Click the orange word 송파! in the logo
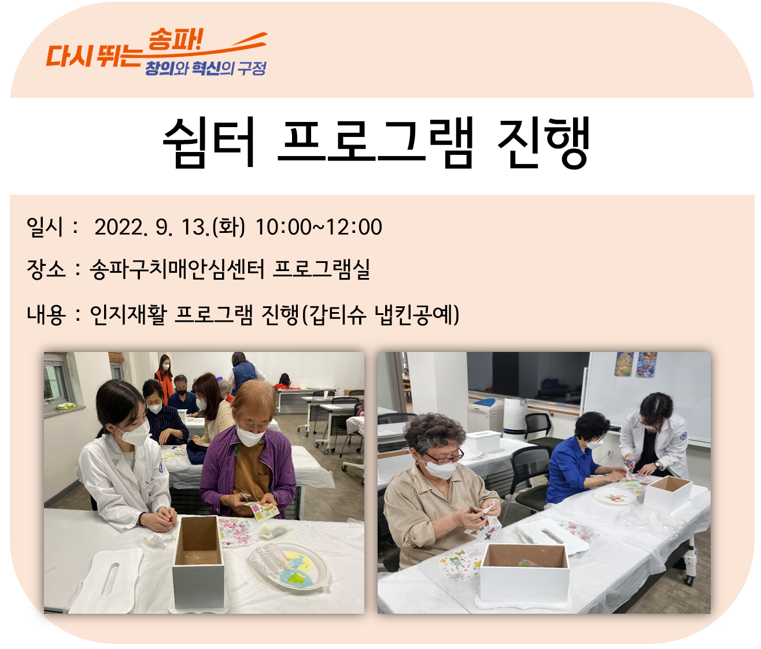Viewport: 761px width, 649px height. pyautogui.click(x=175, y=39)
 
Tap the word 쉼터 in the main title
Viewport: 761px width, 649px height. pyautogui.click(x=209, y=142)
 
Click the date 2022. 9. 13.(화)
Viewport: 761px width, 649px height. pyautogui.click(x=169, y=227)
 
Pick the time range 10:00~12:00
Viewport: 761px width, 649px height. pyautogui.click(x=319, y=227)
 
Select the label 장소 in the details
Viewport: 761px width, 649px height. pyautogui.click(x=46, y=269)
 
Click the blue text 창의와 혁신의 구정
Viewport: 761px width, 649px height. pyautogui.click(x=205, y=68)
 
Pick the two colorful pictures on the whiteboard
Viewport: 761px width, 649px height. pyautogui.click(x=636, y=364)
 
